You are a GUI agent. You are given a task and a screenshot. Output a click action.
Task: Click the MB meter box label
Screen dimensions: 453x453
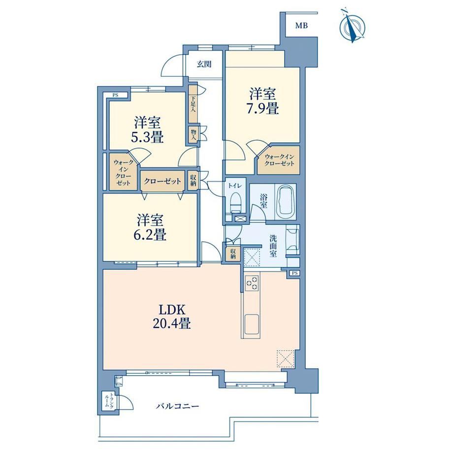click(301, 26)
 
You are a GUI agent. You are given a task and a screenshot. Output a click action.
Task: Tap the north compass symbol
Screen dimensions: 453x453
click(353, 27)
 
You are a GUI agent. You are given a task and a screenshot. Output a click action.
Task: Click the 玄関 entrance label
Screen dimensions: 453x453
click(204, 64)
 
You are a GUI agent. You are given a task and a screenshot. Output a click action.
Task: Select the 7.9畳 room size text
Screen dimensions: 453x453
click(262, 109)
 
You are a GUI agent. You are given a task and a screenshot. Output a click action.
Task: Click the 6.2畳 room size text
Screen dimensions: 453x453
click(150, 235)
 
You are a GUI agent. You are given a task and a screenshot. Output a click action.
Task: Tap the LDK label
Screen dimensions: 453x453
click(172, 310)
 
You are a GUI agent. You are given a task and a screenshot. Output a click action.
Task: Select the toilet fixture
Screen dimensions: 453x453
click(236, 202)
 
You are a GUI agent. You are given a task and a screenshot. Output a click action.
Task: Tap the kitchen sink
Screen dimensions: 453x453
click(252, 324)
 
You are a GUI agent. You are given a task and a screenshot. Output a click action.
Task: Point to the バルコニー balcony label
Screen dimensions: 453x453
click(178, 407)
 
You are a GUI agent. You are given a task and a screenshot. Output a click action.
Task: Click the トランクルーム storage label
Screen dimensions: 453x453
click(109, 401)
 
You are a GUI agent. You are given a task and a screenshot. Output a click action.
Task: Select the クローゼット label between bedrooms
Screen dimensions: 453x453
click(162, 181)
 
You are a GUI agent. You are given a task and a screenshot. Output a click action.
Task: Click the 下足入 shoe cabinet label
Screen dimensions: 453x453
click(193, 104)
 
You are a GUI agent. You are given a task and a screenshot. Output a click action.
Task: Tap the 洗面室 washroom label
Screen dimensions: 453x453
click(273, 246)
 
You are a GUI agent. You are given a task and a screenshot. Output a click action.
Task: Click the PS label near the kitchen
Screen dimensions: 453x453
click(294, 273)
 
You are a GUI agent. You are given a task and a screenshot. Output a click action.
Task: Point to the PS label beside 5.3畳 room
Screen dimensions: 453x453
click(116, 95)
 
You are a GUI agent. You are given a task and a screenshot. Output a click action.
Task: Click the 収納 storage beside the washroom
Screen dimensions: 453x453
click(233, 254)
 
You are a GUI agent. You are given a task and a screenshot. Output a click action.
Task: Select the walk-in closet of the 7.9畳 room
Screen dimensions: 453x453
click(279, 160)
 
